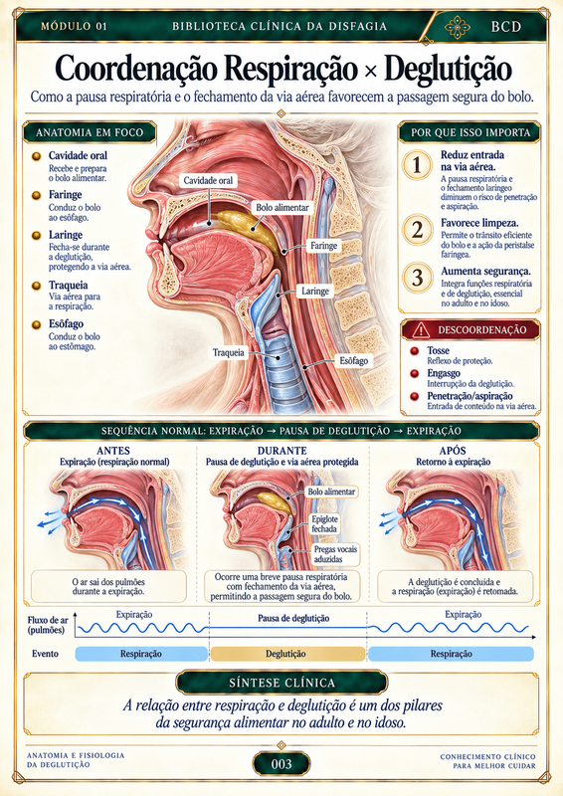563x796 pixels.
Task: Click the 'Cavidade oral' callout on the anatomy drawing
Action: point(208,180)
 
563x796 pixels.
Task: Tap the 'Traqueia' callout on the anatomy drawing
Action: point(229,352)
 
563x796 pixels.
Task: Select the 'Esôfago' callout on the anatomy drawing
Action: point(354,361)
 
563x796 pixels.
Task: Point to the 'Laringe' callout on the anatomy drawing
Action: point(315,291)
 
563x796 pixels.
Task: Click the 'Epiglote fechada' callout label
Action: point(324,524)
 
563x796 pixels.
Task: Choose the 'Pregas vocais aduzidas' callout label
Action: point(335,554)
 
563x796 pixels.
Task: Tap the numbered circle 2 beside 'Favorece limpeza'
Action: point(418,230)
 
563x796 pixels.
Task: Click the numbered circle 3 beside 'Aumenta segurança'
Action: point(418,278)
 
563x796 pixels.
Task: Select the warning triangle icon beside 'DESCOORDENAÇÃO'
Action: point(421,330)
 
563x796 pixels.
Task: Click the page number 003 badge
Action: point(281,764)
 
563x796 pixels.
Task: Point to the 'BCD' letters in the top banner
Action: point(506,27)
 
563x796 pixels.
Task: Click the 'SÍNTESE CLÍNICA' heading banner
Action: point(281,683)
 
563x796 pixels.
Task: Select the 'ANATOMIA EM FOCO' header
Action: point(90,132)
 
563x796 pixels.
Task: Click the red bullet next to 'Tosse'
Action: point(415,351)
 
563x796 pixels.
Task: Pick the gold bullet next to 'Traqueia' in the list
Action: point(36,286)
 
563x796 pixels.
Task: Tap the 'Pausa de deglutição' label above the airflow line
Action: point(293,618)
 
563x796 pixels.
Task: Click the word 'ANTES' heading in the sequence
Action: point(113,451)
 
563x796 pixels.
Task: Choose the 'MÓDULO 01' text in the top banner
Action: point(75,27)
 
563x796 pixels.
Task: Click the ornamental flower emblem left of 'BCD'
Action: point(457,28)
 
